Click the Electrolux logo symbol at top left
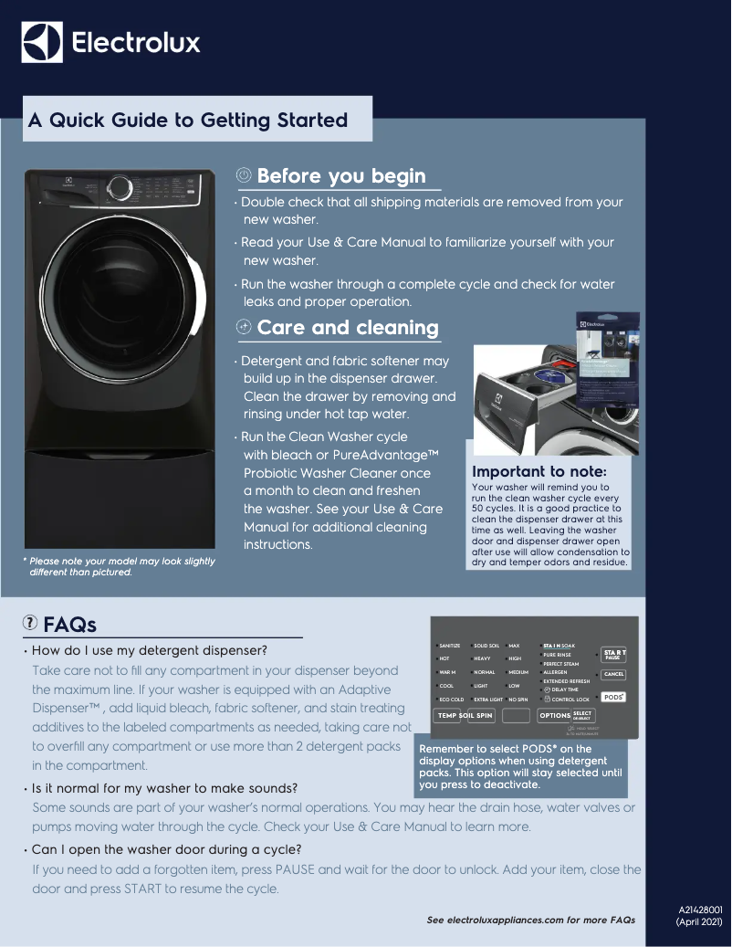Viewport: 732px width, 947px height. [42, 42]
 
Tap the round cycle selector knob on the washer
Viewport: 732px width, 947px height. [120, 188]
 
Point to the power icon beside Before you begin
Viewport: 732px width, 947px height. [244, 175]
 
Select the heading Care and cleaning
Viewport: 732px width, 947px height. [347, 327]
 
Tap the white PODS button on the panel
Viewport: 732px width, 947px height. [614, 696]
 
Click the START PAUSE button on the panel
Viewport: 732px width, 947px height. [614, 655]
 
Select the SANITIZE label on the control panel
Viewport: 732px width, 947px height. [450, 646]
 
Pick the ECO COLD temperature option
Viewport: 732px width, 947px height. [451, 700]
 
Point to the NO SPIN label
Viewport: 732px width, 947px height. [518, 700]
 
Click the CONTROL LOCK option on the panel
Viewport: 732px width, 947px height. [570, 700]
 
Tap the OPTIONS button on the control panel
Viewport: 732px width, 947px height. [554, 716]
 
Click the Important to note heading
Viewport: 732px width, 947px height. [538, 472]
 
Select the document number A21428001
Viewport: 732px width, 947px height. [700, 910]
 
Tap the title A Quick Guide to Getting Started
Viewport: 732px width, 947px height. [188, 121]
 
